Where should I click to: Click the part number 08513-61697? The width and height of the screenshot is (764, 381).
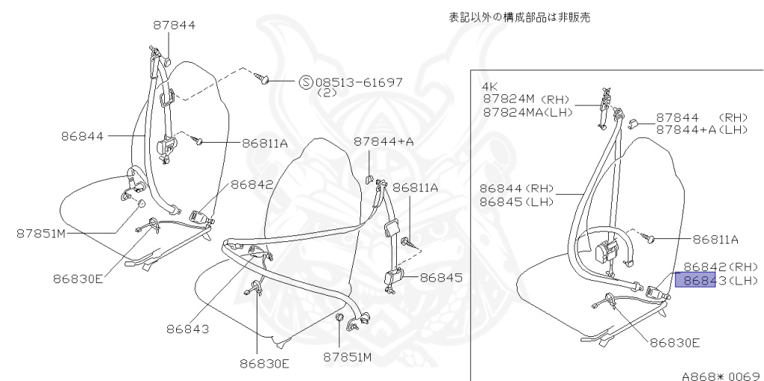tap(359, 82)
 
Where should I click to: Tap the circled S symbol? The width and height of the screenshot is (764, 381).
tap(306, 82)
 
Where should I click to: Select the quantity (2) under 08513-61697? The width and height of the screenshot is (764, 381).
tap(327, 93)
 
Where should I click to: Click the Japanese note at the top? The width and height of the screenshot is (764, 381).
tap(519, 17)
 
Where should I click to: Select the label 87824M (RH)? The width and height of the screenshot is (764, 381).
tap(525, 99)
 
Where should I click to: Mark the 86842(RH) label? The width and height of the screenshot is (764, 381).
tap(720, 267)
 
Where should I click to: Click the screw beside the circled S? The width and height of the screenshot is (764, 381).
tap(262, 78)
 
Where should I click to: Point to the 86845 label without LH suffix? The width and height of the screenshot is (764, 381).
tap(441, 278)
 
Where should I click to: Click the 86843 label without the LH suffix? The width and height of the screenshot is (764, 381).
tap(189, 328)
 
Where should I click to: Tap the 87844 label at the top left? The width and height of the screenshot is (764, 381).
tap(175, 25)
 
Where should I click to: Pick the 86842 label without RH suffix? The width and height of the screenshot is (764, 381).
tap(251, 184)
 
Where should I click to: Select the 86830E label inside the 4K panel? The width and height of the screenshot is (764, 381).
tap(674, 343)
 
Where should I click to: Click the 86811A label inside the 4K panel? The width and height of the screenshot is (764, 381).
tap(714, 240)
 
